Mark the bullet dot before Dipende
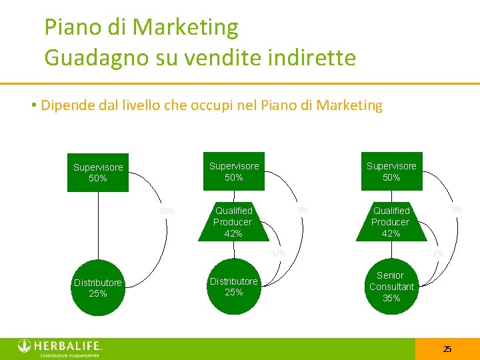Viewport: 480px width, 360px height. (x=33, y=106)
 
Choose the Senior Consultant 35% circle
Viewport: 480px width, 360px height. (x=391, y=287)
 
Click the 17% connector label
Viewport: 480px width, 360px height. (x=278, y=254)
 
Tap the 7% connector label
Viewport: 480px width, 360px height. (x=438, y=254)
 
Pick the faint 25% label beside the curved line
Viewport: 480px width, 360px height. (x=167, y=211)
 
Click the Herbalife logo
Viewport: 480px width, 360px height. (x=59, y=345)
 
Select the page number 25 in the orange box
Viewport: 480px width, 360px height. (x=447, y=349)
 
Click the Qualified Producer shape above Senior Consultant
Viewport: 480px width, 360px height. (x=391, y=222)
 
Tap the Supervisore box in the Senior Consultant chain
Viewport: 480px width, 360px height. (x=391, y=171)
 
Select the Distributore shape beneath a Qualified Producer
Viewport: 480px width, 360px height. (x=233, y=287)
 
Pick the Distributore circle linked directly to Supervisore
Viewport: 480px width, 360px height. (x=98, y=288)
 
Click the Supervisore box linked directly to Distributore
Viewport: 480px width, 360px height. (x=98, y=173)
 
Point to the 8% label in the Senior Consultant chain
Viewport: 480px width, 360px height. (x=457, y=210)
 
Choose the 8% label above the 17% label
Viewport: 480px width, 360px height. (x=302, y=210)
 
